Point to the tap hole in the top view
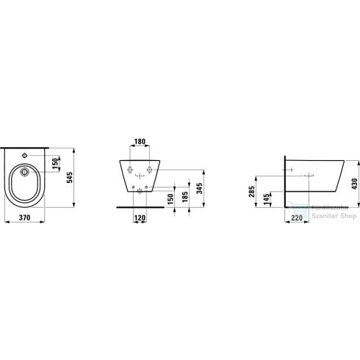[x=26, y=156]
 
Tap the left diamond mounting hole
[x=131, y=170]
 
